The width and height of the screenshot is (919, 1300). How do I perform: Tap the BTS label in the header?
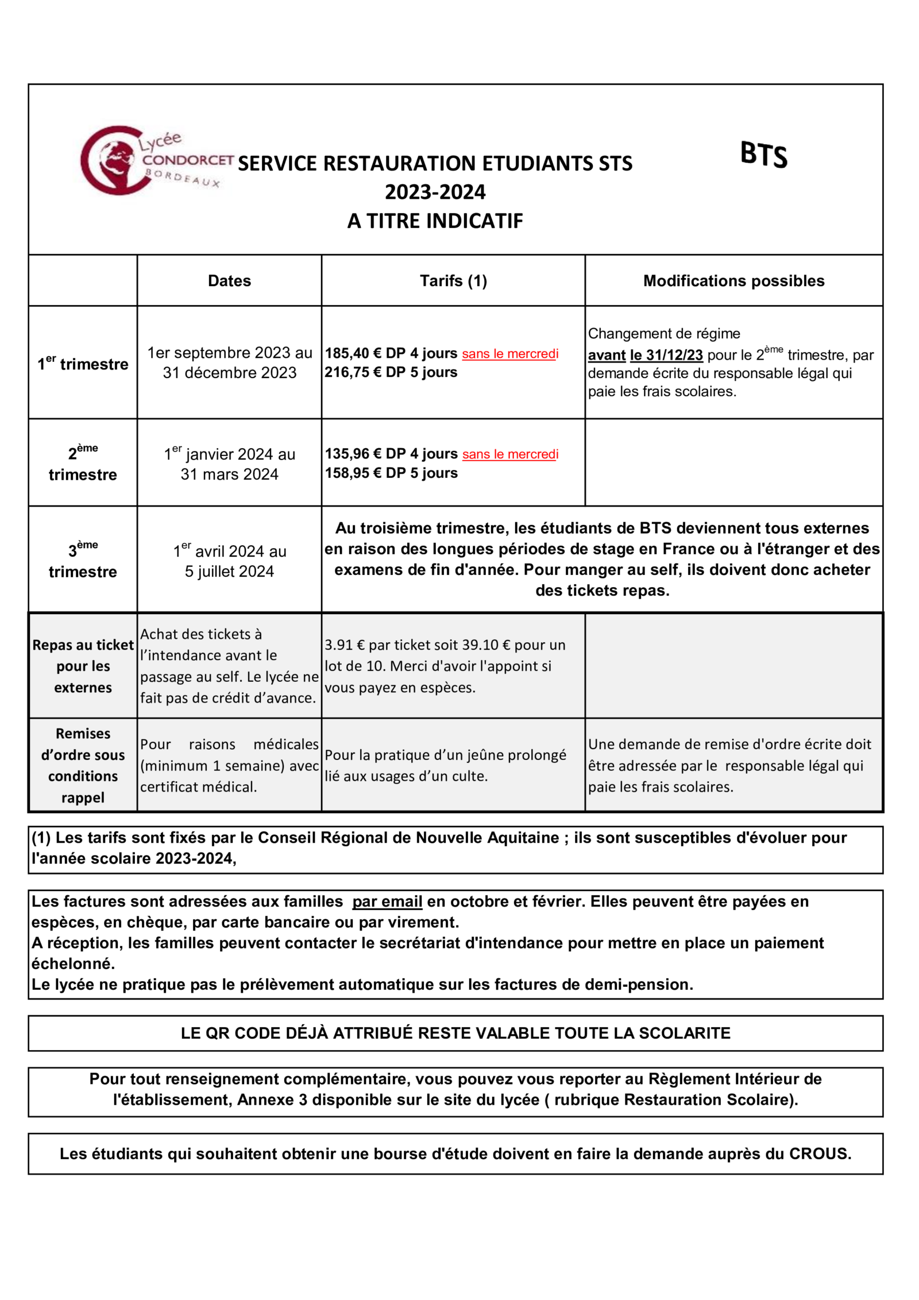click(x=763, y=155)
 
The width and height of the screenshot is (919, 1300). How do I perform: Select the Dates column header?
click(x=229, y=281)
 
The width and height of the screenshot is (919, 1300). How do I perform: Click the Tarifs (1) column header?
click(x=453, y=281)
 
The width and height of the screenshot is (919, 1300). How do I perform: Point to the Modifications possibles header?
click(x=733, y=281)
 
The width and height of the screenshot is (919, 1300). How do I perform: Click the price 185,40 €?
click(x=353, y=353)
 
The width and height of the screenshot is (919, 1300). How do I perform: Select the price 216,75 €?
click(x=353, y=372)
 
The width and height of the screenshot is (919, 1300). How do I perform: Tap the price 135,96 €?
click(x=353, y=454)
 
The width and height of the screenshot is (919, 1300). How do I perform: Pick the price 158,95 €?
click(x=353, y=473)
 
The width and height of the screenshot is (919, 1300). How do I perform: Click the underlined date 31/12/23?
click(x=666, y=355)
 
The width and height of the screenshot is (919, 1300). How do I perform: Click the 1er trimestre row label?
click(x=83, y=364)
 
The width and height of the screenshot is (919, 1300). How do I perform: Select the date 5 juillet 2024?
click(x=229, y=571)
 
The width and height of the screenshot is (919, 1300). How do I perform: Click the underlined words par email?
click(x=387, y=901)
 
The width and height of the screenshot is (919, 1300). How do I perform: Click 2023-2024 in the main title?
click(x=435, y=192)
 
